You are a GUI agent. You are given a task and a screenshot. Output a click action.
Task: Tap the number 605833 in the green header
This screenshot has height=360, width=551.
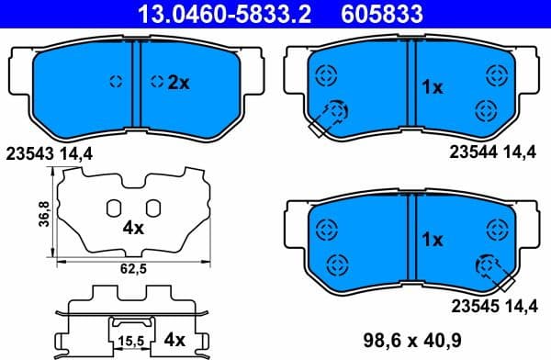[394, 13]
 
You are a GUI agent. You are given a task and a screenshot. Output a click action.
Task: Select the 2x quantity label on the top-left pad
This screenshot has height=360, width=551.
[177, 83]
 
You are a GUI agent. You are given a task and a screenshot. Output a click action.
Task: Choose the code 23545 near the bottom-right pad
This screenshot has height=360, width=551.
[472, 305]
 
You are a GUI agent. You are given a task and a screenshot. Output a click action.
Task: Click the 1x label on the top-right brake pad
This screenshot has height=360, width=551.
[432, 87]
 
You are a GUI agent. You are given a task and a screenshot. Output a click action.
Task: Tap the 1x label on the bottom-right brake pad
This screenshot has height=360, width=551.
[432, 240]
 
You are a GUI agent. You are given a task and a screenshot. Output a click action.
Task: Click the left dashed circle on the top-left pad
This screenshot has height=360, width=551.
[116, 81]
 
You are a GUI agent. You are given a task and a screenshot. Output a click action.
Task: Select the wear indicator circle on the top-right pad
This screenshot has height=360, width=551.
[337, 111]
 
